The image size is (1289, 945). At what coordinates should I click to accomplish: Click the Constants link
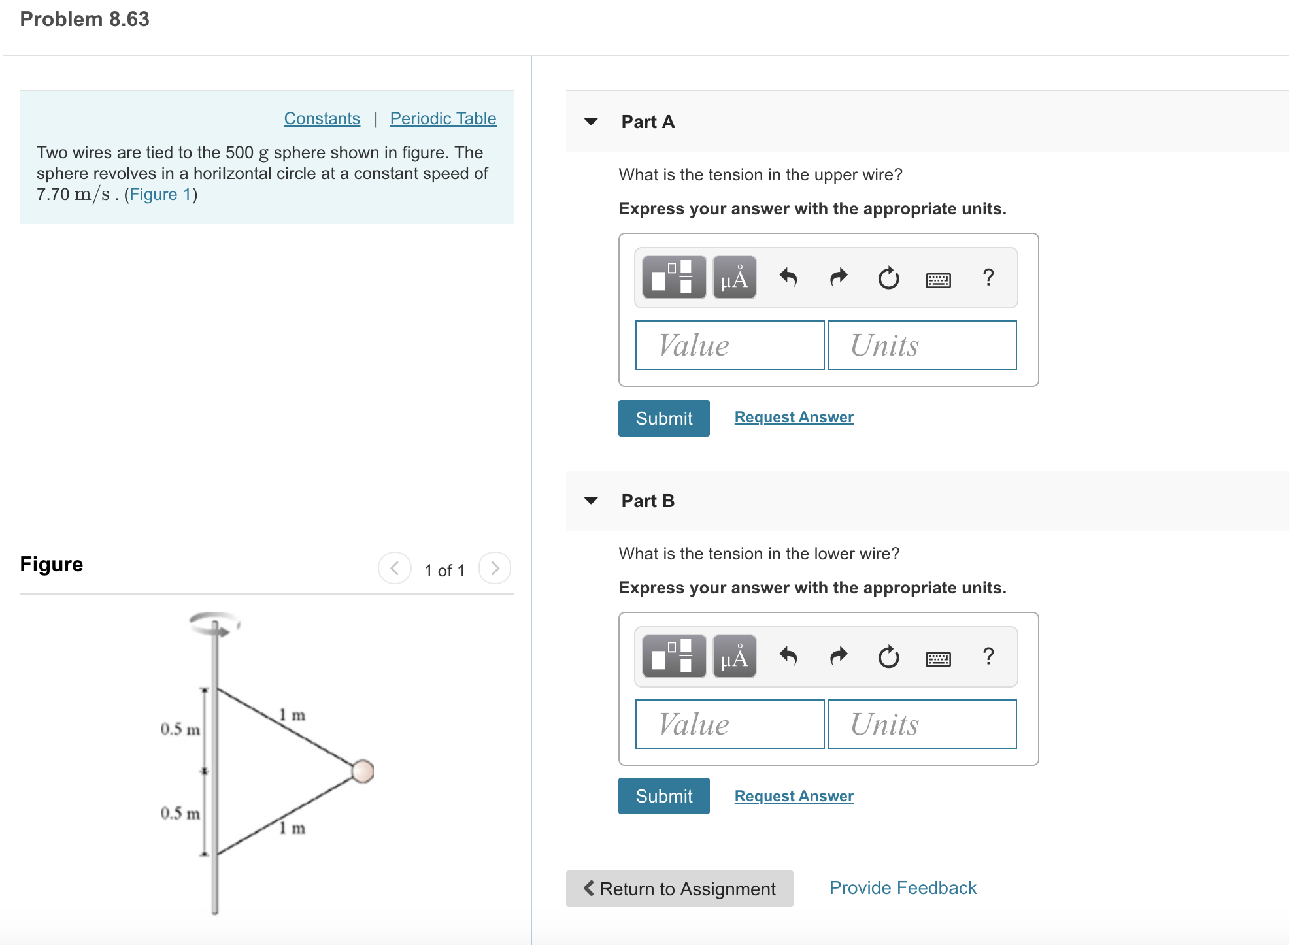322,118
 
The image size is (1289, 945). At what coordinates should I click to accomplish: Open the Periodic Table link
443,118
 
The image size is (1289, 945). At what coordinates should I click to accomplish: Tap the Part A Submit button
663,418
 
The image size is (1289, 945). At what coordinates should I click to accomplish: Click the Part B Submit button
663,796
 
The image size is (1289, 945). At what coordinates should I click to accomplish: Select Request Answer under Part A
794,417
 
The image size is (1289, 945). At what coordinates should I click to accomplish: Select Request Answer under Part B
794,796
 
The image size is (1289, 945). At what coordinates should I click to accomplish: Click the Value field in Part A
729,345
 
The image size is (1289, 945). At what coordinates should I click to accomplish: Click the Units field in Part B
922,724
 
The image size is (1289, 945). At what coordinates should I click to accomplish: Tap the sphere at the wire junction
362,771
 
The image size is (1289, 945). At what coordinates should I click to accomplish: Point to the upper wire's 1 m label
292,715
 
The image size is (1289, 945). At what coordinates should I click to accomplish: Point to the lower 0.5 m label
180,813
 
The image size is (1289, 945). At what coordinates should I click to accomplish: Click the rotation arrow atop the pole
215,623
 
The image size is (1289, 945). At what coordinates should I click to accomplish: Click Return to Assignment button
679,889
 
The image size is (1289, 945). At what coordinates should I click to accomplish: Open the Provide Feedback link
902,887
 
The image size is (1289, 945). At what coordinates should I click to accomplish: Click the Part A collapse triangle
591,122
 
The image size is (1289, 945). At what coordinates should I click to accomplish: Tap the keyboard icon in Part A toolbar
938,280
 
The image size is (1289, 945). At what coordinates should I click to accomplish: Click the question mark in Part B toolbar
988,656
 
